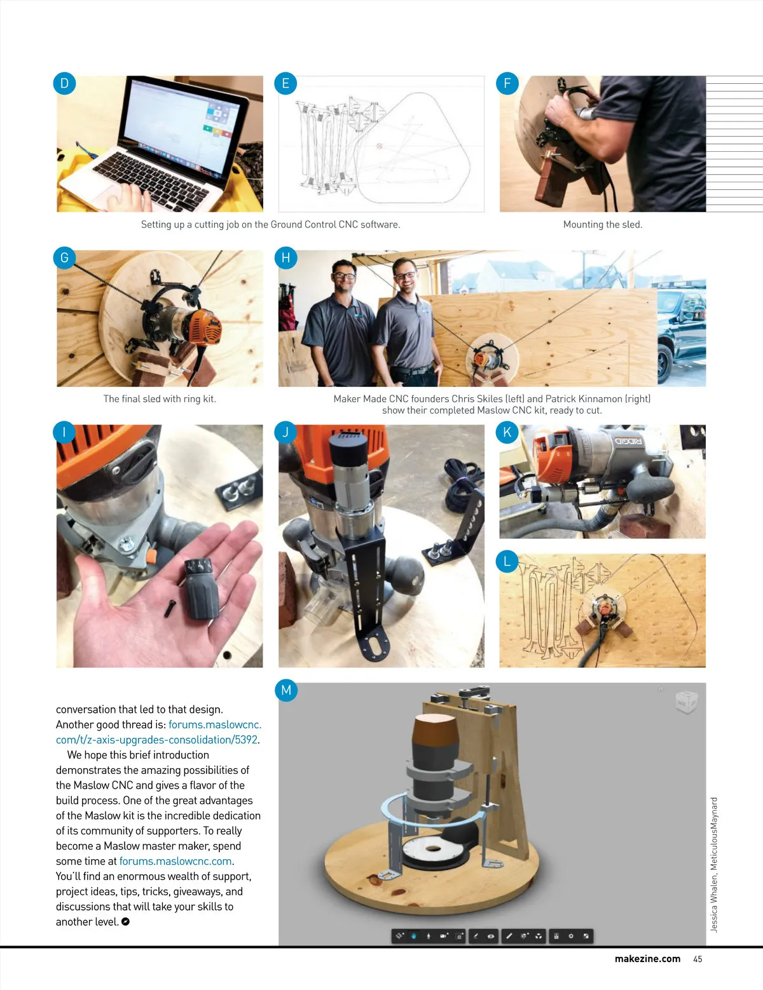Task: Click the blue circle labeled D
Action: click(64, 83)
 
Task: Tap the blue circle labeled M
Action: click(285, 690)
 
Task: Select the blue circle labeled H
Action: click(285, 258)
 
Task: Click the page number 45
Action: click(698, 959)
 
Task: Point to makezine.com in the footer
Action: click(647, 959)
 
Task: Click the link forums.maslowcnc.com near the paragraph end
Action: click(175, 861)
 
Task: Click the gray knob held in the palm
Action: click(200, 588)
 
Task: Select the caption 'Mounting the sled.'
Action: click(603, 224)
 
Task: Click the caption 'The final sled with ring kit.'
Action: click(160, 398)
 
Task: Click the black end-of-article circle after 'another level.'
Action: click(126, 921)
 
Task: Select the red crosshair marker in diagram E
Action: click(379, 146)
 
